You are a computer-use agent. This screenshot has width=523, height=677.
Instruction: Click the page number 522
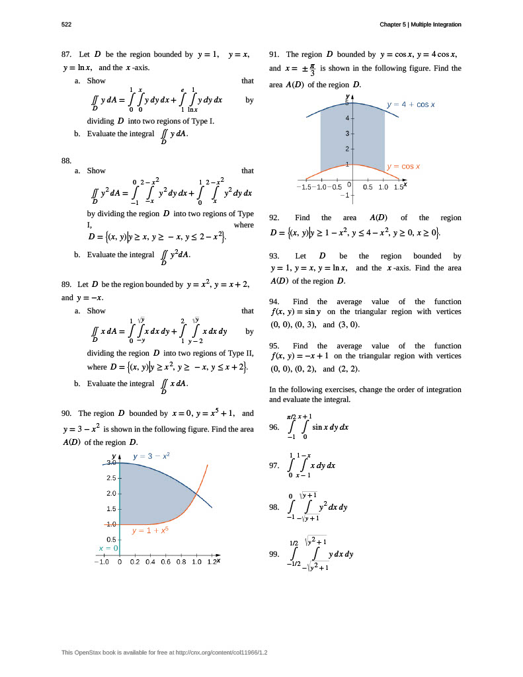pos(66,24)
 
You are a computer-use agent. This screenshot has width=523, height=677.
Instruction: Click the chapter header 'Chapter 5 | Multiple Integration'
pos(420,24)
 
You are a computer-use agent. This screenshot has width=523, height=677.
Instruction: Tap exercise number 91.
pos(275,54)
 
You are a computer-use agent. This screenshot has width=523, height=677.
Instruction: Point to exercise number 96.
pos(274,427)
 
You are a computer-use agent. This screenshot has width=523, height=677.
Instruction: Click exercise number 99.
pos(274,554)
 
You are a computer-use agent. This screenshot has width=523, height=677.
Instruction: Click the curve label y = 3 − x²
pos(151,456)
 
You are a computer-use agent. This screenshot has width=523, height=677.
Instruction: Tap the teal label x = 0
pos(108,548)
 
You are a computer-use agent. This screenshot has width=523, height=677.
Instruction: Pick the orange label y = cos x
pos(403,167)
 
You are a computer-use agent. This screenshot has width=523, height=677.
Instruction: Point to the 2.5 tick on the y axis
pos(110,478)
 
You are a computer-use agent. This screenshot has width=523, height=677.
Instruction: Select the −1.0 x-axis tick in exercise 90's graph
pos(101,562)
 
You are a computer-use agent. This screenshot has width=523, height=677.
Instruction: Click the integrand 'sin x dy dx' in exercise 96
pos(330,427)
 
